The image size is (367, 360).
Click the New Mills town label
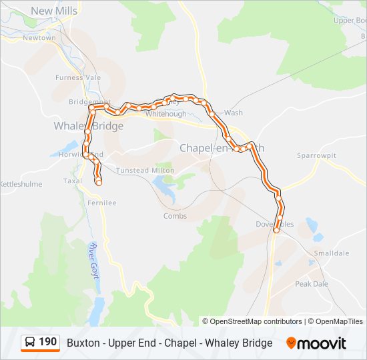pos(54,11)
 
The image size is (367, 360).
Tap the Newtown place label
pos(39,38)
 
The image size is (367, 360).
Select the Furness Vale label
pos(78,77)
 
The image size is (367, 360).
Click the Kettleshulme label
pos(20,184)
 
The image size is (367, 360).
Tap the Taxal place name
pos(72,181)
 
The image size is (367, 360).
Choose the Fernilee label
pos(101,203)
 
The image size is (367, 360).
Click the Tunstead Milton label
pos(145,171)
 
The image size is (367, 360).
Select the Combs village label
pos(175,216)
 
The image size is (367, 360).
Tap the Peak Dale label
pos(312,284)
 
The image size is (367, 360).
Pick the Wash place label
pos(233,113)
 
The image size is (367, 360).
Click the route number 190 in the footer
pos(47,342)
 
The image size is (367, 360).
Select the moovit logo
pos(316,343)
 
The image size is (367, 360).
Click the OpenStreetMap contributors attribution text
pos(256,321)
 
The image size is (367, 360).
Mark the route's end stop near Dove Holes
pos(276,231)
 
